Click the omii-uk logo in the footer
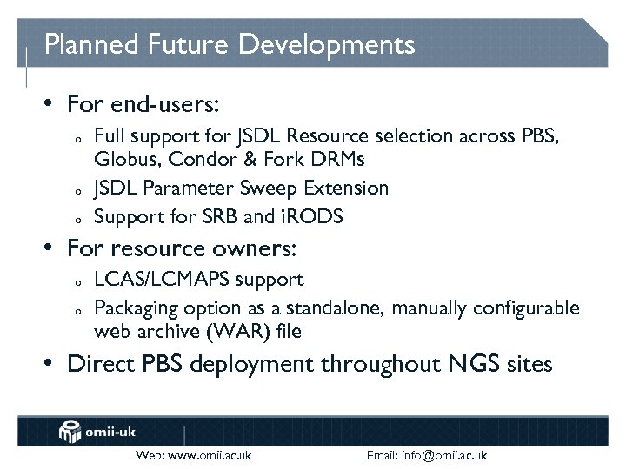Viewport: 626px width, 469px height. point(97,431)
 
